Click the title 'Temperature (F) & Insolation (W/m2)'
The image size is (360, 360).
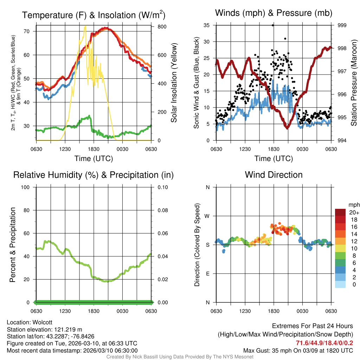pos(94,15)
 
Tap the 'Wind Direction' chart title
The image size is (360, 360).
pos(274,175)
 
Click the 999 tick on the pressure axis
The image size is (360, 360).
pos(342,25)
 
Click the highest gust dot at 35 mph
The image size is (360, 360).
pos(273,25)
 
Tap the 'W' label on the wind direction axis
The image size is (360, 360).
pos(207,216)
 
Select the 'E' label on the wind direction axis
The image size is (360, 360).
pos(207,274)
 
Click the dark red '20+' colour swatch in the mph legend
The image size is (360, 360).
pos(340,212)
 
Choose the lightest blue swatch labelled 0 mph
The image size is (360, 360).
pos(340,285)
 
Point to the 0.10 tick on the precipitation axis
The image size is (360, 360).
pos(162,187)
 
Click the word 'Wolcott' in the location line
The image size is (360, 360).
pos(43,322)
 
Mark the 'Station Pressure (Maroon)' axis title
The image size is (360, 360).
pos(354,83)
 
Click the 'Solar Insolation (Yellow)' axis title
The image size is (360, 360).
pos(174,83)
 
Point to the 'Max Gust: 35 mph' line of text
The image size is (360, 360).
pos(268,351)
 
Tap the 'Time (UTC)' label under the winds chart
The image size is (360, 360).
pos(274,159)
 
